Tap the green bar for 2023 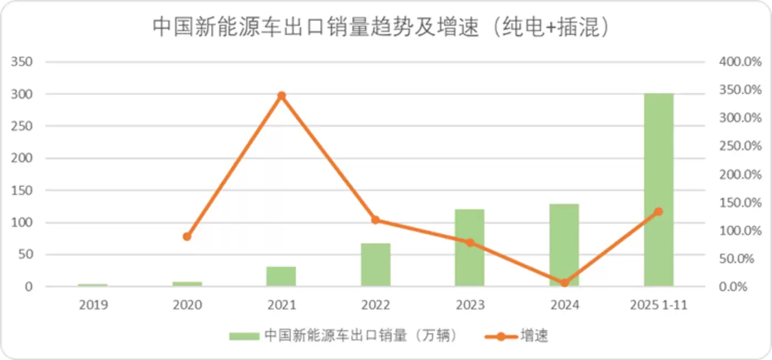click(470, 248)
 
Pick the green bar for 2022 click(375, 265)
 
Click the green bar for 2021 click(281, 277)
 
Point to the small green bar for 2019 click(93, 285)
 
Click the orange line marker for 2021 click(281, 96)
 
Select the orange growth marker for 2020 click(187, 237)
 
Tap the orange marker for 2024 click(564, 283)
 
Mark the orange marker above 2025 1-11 click(658, 211)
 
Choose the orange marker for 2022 click(375, 220)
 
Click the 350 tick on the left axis click(22, 61)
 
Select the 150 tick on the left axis click(22, 190)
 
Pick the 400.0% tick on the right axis click(740, 61)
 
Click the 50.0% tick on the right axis click(740, 258)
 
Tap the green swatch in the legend click(244, 336)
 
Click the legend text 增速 click(534, 336)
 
